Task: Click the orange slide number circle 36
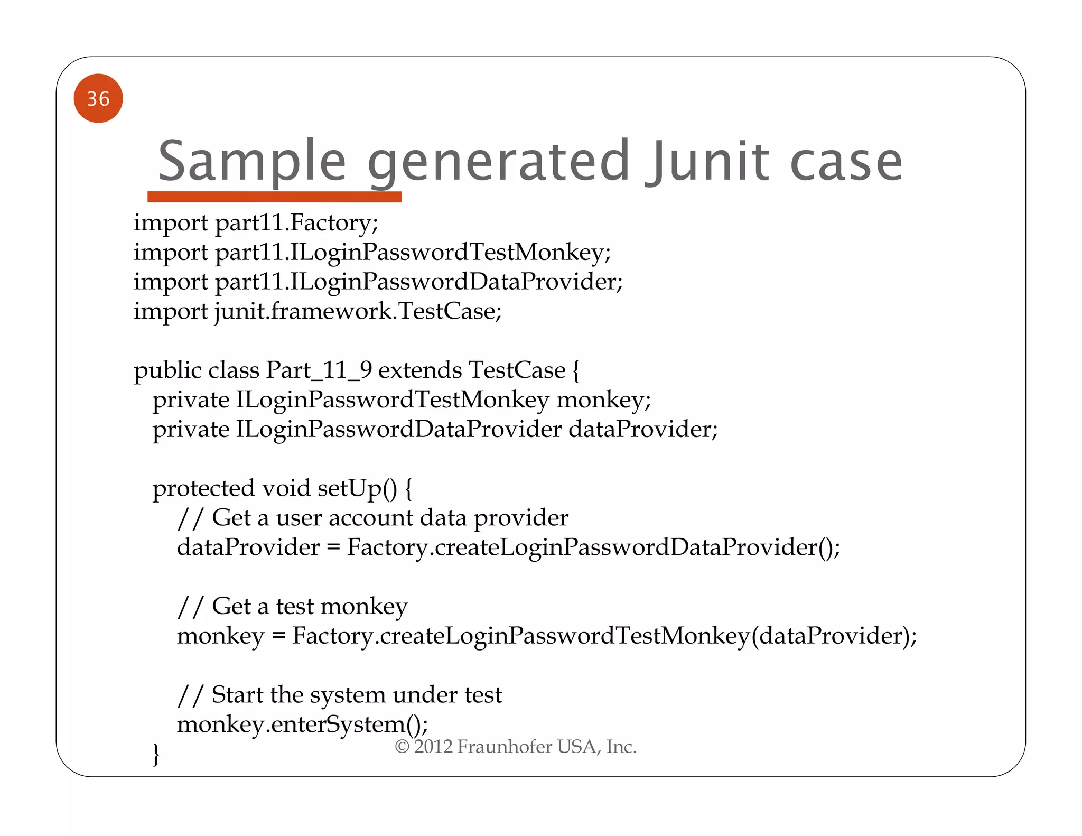pyautogui.click(x=98, y=98)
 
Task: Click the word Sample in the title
pyautogui.click(x=252, y=161)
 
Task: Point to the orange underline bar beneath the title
pyautogui.click(x=274, y=197)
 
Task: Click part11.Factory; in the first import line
pyautogui.click(x=296, y=222)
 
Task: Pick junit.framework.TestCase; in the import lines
pyautogui.click(x=358, y=311)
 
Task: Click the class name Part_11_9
pyautogui.click(x=319, y=370)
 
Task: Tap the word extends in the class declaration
pyautogui.click(x=419, y=370)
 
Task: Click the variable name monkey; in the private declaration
pyautogui.click(x=603, y=400)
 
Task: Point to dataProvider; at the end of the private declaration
pyautogui.click(x=643, y=429)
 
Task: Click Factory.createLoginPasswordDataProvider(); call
pyautogui.click(x=593, y=547)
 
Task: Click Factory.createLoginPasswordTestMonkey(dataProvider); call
pyautogui.click(x=604, y=636)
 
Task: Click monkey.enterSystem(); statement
pyautogui.click(x=302, y=724)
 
